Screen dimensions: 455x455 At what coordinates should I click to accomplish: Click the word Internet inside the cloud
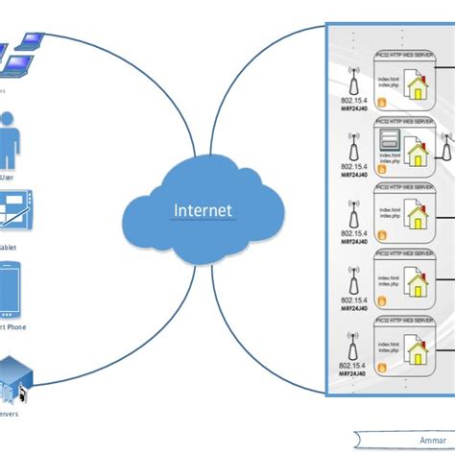tap(203, 210)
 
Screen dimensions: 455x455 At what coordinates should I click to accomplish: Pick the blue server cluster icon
tap(13, 380)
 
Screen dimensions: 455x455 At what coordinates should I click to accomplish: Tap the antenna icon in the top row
tap(352, 78)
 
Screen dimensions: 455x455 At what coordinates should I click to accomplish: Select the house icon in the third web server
tap(418, 221)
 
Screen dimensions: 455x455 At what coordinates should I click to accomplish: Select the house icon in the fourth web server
tap(418, 286)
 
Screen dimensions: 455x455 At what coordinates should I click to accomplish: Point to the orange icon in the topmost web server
tap(382, 102)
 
